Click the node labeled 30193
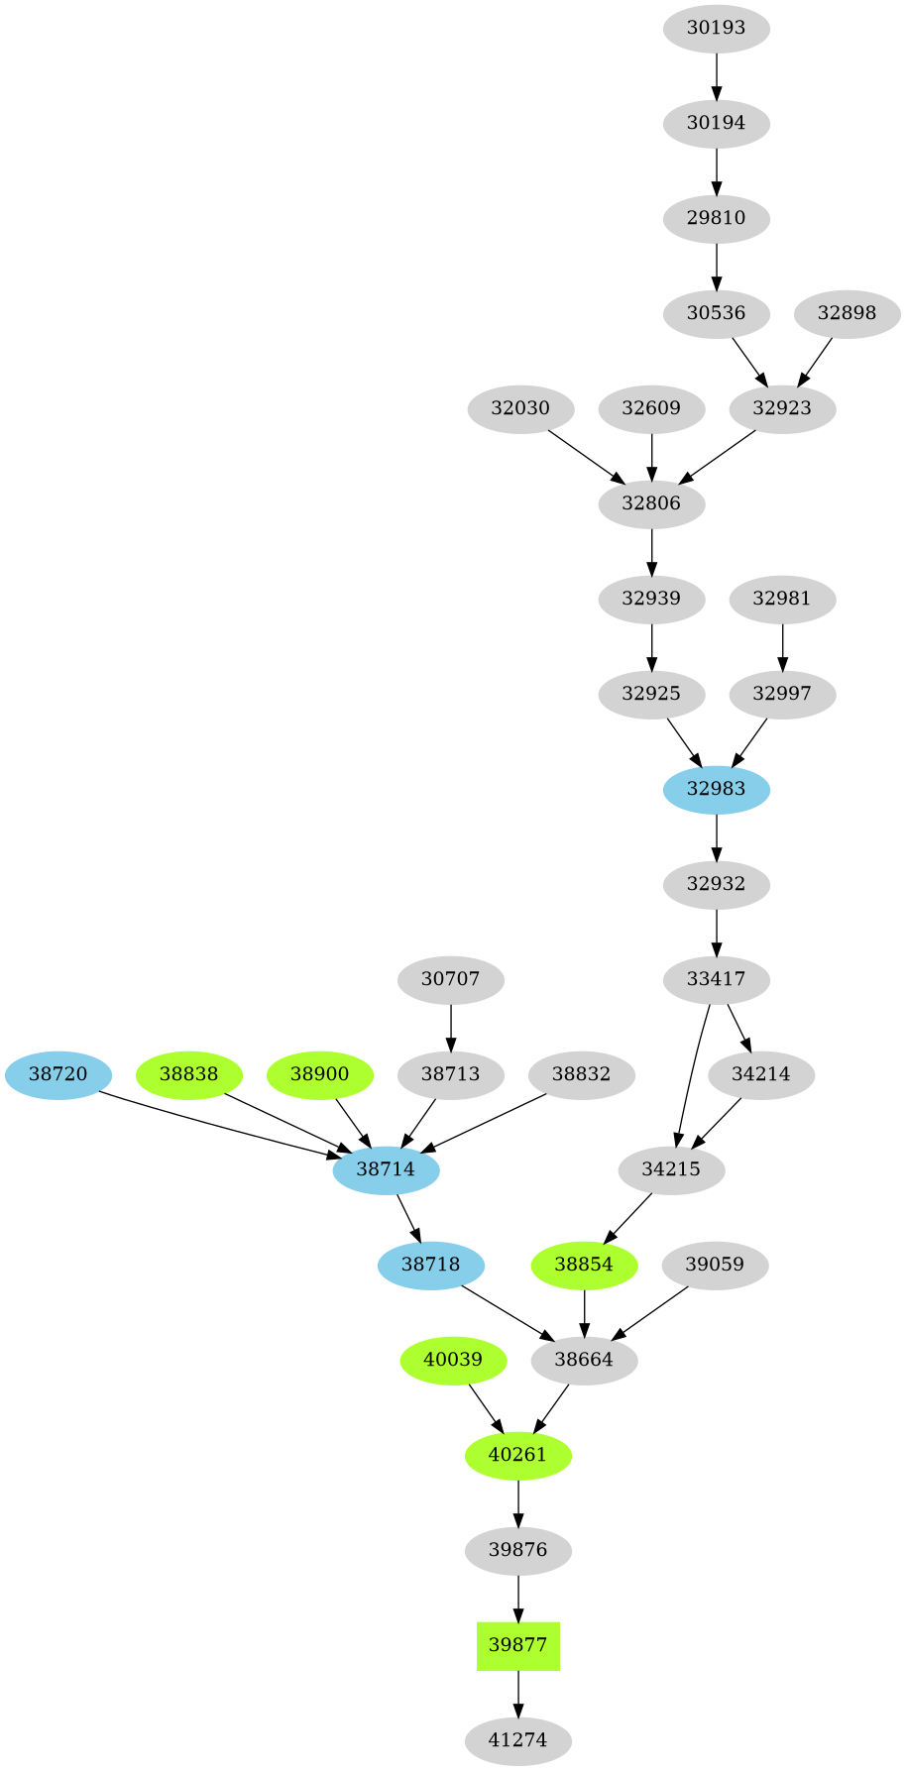click(x=716, y=28)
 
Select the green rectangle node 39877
click(x=517, y=1645)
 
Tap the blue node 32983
click(x=716, y=789)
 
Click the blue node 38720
click(x=57, y=1074)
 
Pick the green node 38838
click(x=188, y=1074)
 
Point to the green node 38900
click(x=319, y=1074)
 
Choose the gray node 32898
click(x=847, y=313)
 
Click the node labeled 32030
click(x=519, y=408)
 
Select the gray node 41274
click(x=517, y=1740)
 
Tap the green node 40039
click(x=453, y=1360)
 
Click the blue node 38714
click(x=386, y=1169)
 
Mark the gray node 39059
click(x=715, y=1265)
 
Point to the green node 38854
click(x=584, y=1265)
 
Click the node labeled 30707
click(x=450, y=979)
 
